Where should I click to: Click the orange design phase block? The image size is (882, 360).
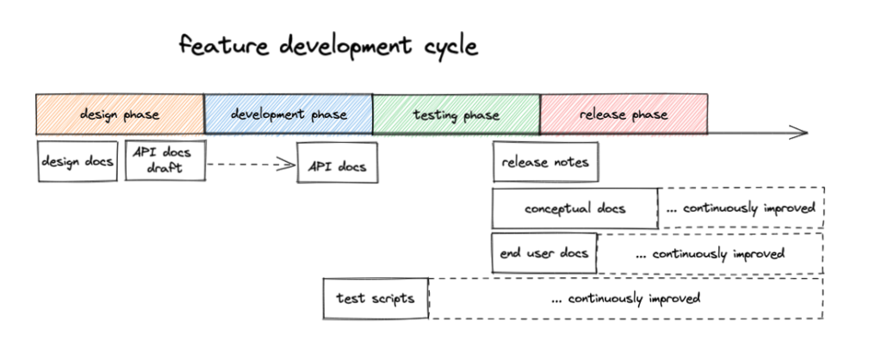(x=120, y=115)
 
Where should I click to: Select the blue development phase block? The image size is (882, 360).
(x=289, y=115)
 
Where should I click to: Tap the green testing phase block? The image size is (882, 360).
(x=457, y=115)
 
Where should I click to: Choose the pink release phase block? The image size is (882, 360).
(x=624, y=115)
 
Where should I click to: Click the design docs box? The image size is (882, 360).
(x=78, y=161)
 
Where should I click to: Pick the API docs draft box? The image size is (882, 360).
(x=165, y=160)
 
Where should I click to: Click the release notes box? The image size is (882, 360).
(x=545, y=162)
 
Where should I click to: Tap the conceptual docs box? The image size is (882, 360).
(x=575, y=208)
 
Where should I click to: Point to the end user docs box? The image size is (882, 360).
(x=544, y=253)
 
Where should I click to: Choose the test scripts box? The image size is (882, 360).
(x=376, y=298)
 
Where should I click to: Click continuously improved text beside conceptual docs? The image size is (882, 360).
(x=740, y=208)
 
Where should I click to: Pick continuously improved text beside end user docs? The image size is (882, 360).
(x=710, y=254)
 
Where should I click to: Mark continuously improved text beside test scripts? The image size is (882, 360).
(x=625, y=298)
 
